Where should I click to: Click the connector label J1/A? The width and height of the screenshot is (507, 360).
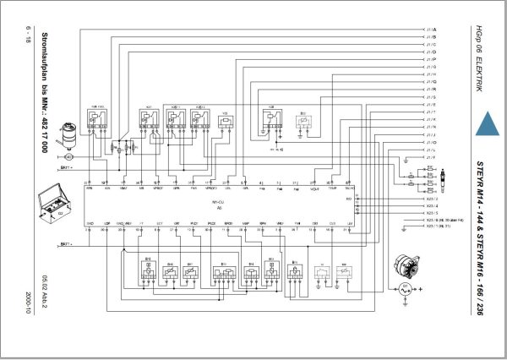tap(432, 30)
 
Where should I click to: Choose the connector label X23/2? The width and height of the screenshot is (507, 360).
tap(432, 206)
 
